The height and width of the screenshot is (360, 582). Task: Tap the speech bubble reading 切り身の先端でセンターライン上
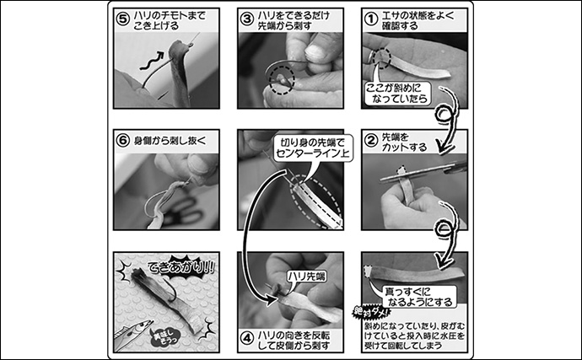(303, 149)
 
